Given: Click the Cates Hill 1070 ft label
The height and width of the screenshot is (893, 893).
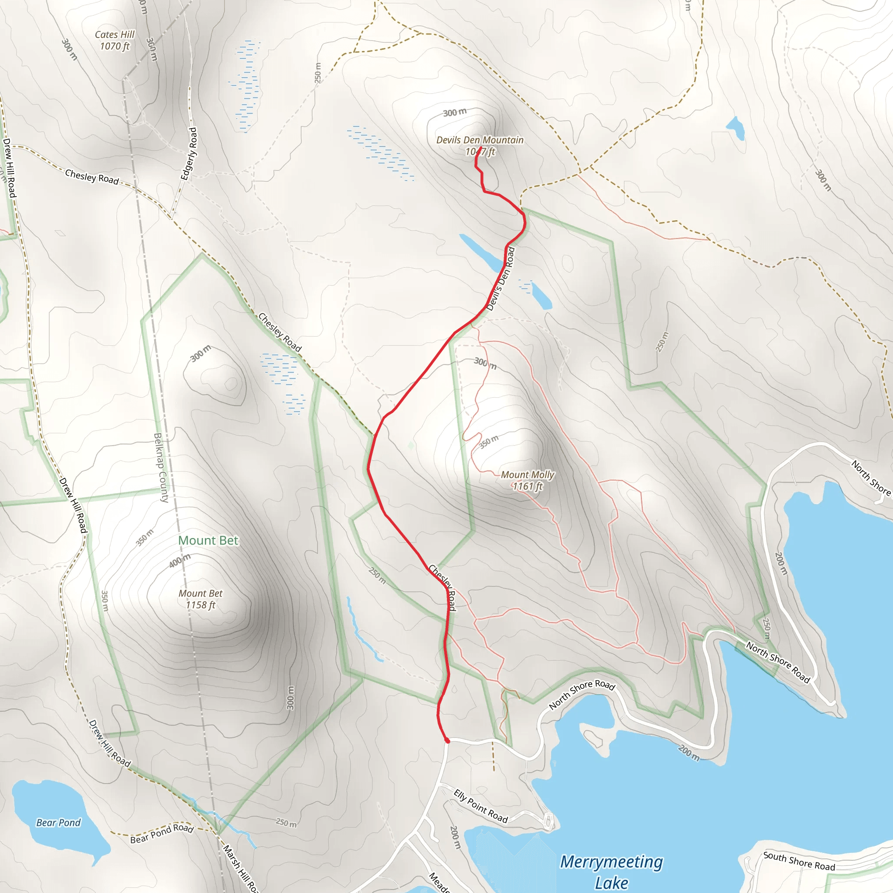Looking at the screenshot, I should coord(114,40).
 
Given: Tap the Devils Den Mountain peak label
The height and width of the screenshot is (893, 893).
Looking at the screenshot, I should coord(480,145).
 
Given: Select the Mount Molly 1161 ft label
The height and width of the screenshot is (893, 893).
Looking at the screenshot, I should coord(528,480).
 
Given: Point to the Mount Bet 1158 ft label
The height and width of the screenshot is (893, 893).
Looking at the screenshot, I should coord(200,599).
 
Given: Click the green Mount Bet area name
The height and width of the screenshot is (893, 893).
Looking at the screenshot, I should coord(208,540).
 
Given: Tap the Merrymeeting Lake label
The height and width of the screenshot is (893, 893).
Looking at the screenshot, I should coord(611,872).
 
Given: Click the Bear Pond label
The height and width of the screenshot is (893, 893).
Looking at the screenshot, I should coord(58,823).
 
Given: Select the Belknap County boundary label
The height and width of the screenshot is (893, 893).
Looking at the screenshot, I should coord(161,467).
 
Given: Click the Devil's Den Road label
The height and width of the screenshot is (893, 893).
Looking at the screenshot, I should coord(501,279).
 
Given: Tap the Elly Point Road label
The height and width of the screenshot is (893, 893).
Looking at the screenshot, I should coord(481,807).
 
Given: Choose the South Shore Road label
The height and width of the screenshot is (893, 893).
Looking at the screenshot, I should coord(799,861).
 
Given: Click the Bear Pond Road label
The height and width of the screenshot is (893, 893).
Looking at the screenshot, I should coord(162,833).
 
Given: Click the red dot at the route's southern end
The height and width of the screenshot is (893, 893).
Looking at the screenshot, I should coord(447,741).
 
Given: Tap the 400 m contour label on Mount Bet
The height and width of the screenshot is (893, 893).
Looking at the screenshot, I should coord(179,561).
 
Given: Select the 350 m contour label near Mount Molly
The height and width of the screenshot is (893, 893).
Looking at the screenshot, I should coord(488,441).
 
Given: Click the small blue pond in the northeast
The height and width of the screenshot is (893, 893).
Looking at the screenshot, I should coord(736,127).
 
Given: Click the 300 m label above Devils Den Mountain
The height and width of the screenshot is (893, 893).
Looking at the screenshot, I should coord(455,112).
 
